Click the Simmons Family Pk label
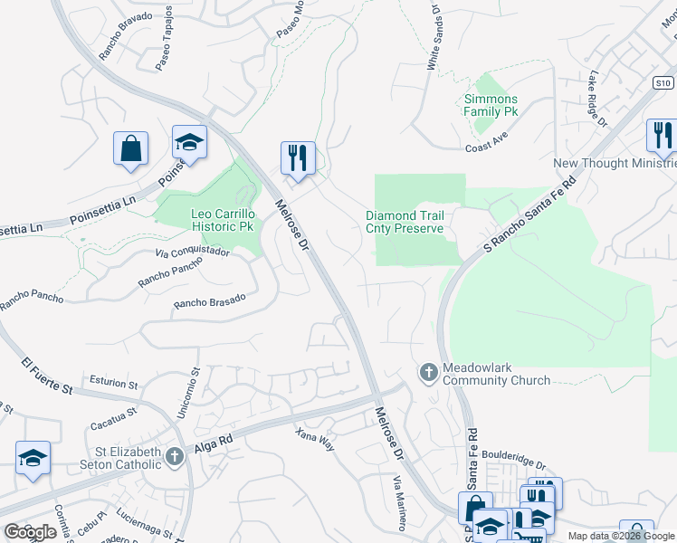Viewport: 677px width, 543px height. [491, 105]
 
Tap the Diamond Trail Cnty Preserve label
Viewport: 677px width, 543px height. [405, 223]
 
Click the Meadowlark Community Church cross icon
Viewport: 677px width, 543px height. [428, 371]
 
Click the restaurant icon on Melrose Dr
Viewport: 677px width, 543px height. [297, 158]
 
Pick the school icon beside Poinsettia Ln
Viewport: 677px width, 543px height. [189, 142]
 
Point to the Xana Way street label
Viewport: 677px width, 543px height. [315, 440]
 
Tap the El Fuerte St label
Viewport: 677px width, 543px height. [46, 376]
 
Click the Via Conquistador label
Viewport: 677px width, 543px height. [192, 256]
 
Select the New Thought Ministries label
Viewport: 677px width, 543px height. [615, 163]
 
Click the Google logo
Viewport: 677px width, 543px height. [30, 532]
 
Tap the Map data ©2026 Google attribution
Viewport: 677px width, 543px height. [620, 536]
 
